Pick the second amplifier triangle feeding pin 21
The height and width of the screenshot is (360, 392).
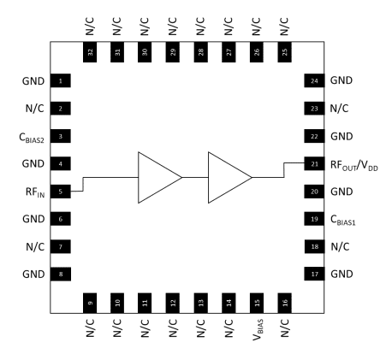point(226,177)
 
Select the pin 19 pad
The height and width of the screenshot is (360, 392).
point(314,219)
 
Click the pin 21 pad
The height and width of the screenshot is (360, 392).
point(314,163)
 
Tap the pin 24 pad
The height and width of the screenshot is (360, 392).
point(314,81)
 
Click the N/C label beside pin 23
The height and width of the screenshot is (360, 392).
point(340,109)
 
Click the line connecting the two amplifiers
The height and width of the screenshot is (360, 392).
point(195,177)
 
